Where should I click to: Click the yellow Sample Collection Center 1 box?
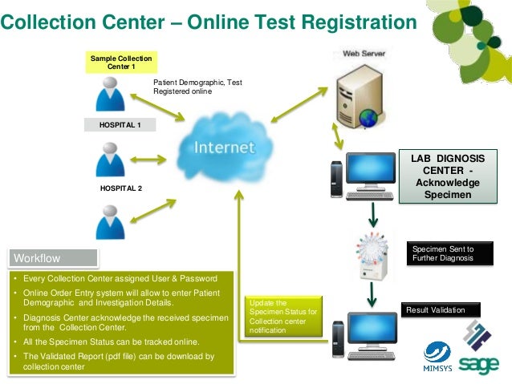pos(120,63)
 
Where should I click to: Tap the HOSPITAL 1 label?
pos(120,126)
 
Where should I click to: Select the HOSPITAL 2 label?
pos(120,188)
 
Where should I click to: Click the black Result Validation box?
pos(441,310)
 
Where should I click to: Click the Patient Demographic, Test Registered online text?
pos(197,87)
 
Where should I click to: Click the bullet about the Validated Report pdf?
pos(116,361)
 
